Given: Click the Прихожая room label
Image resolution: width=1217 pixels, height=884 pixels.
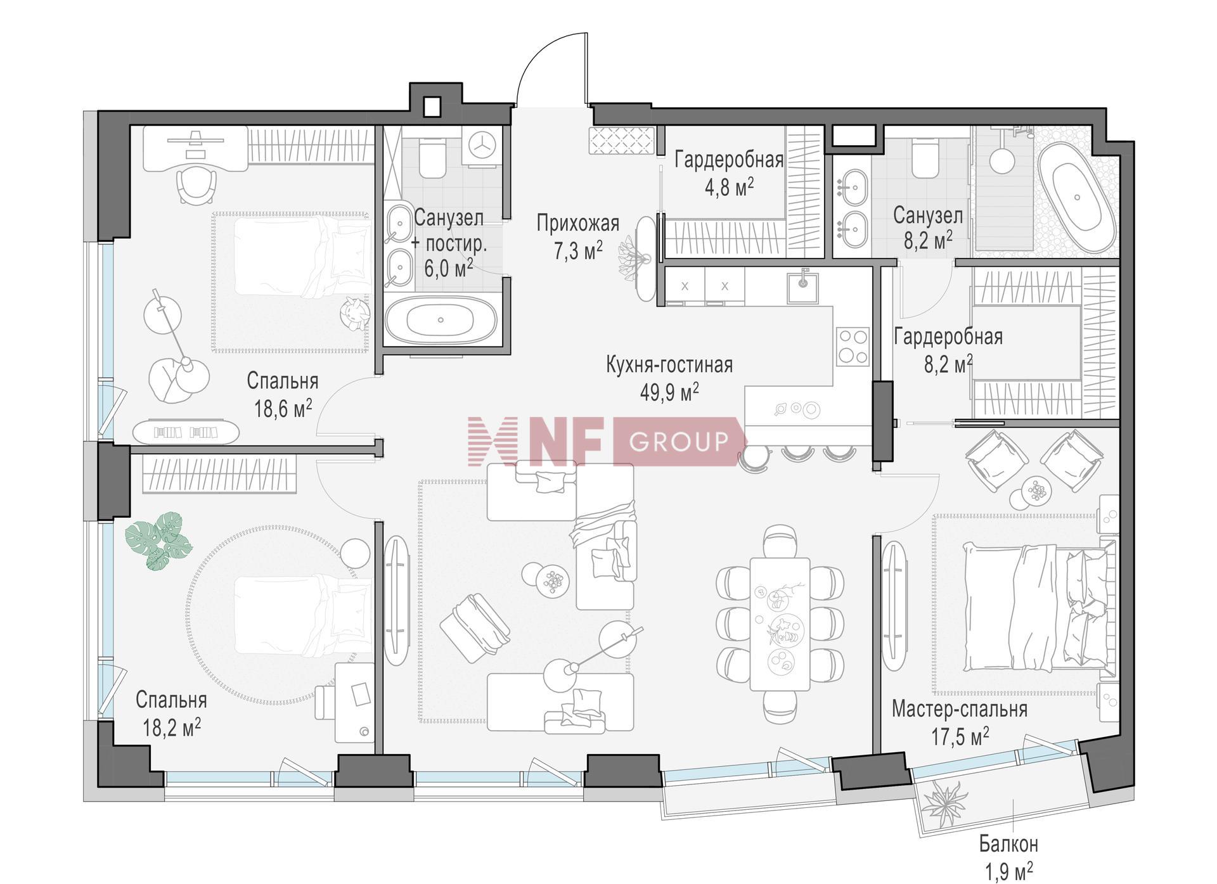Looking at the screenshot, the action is (577, 224).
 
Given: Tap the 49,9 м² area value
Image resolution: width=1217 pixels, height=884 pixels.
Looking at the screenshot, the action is (669, 392).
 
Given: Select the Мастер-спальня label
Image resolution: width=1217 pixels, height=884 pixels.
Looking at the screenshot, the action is (959, 709).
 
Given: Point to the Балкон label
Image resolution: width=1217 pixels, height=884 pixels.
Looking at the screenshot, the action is (1008, 843).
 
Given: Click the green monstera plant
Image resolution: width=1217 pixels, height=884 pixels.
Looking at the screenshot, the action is (158, 541).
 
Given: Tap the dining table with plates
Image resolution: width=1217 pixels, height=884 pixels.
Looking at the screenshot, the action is (779, 624).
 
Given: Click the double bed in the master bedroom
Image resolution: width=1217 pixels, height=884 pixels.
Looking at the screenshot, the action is (1040, 607).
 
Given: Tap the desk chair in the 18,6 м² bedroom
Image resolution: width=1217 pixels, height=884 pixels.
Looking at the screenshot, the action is (196, 184).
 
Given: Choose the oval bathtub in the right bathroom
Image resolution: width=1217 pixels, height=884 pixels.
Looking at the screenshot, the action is (1078, 197).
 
